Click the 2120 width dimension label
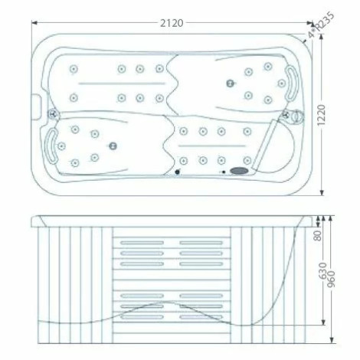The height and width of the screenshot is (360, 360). (x=172, y=23)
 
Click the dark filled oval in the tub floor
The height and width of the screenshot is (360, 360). (x=240, y=172)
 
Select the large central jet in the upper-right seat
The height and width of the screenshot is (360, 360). (x=228, y=83)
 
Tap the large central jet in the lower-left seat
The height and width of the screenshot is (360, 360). (x=113, y=146)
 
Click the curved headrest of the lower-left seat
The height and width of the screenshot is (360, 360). (x=53, y=144)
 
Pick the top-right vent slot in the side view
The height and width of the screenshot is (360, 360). (x=201, y=243)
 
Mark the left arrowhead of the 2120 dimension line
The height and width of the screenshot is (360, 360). (x=33, y=23)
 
